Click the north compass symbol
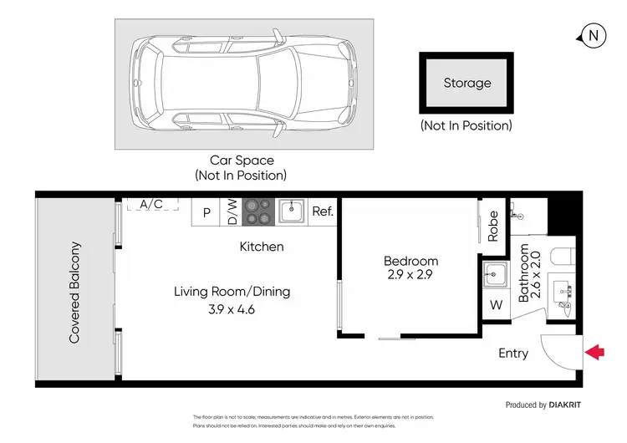(x=593, y=35)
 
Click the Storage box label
(x=467, y=83)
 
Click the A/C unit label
(x=151, y=204)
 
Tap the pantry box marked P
(x=206, y=213)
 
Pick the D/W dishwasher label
(x=232, y=212)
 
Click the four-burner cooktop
(x=257, y=212)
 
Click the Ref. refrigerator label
(x=323, y=212)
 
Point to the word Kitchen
(x=262, y=247)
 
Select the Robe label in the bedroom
(x=493, y=225)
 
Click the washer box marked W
(x=497, y=305)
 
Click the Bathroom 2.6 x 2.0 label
(x=531, y=272)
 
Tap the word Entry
(x=513, y=354)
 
